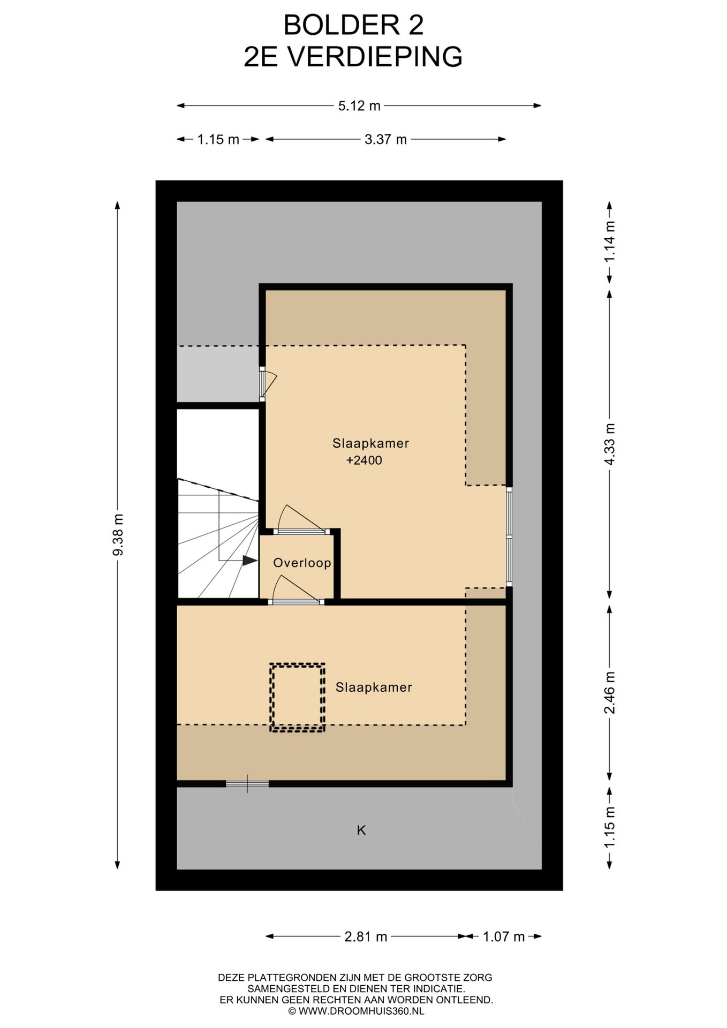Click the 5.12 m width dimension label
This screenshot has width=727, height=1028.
point(359,106)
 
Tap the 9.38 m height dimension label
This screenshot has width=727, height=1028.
point(118,534)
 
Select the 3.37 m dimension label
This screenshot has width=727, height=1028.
point(385,140)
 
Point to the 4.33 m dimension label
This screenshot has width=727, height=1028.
point(610,444)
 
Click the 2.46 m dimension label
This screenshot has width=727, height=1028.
point(610,692)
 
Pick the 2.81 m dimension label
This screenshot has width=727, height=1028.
point(366,936)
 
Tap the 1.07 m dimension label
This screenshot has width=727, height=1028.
point(504,936)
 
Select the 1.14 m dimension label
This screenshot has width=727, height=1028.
point(610,241)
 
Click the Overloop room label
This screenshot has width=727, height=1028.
point(302,563)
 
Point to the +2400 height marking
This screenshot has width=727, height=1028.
point(364,460)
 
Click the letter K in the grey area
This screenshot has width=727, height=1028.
point(361,830)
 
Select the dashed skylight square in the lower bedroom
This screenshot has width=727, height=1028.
point(297,698)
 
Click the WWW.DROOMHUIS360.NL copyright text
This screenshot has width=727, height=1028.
point(356,1011)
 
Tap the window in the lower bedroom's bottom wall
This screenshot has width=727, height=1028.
point(247,784)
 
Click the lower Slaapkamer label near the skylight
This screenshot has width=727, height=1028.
point(374,687)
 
